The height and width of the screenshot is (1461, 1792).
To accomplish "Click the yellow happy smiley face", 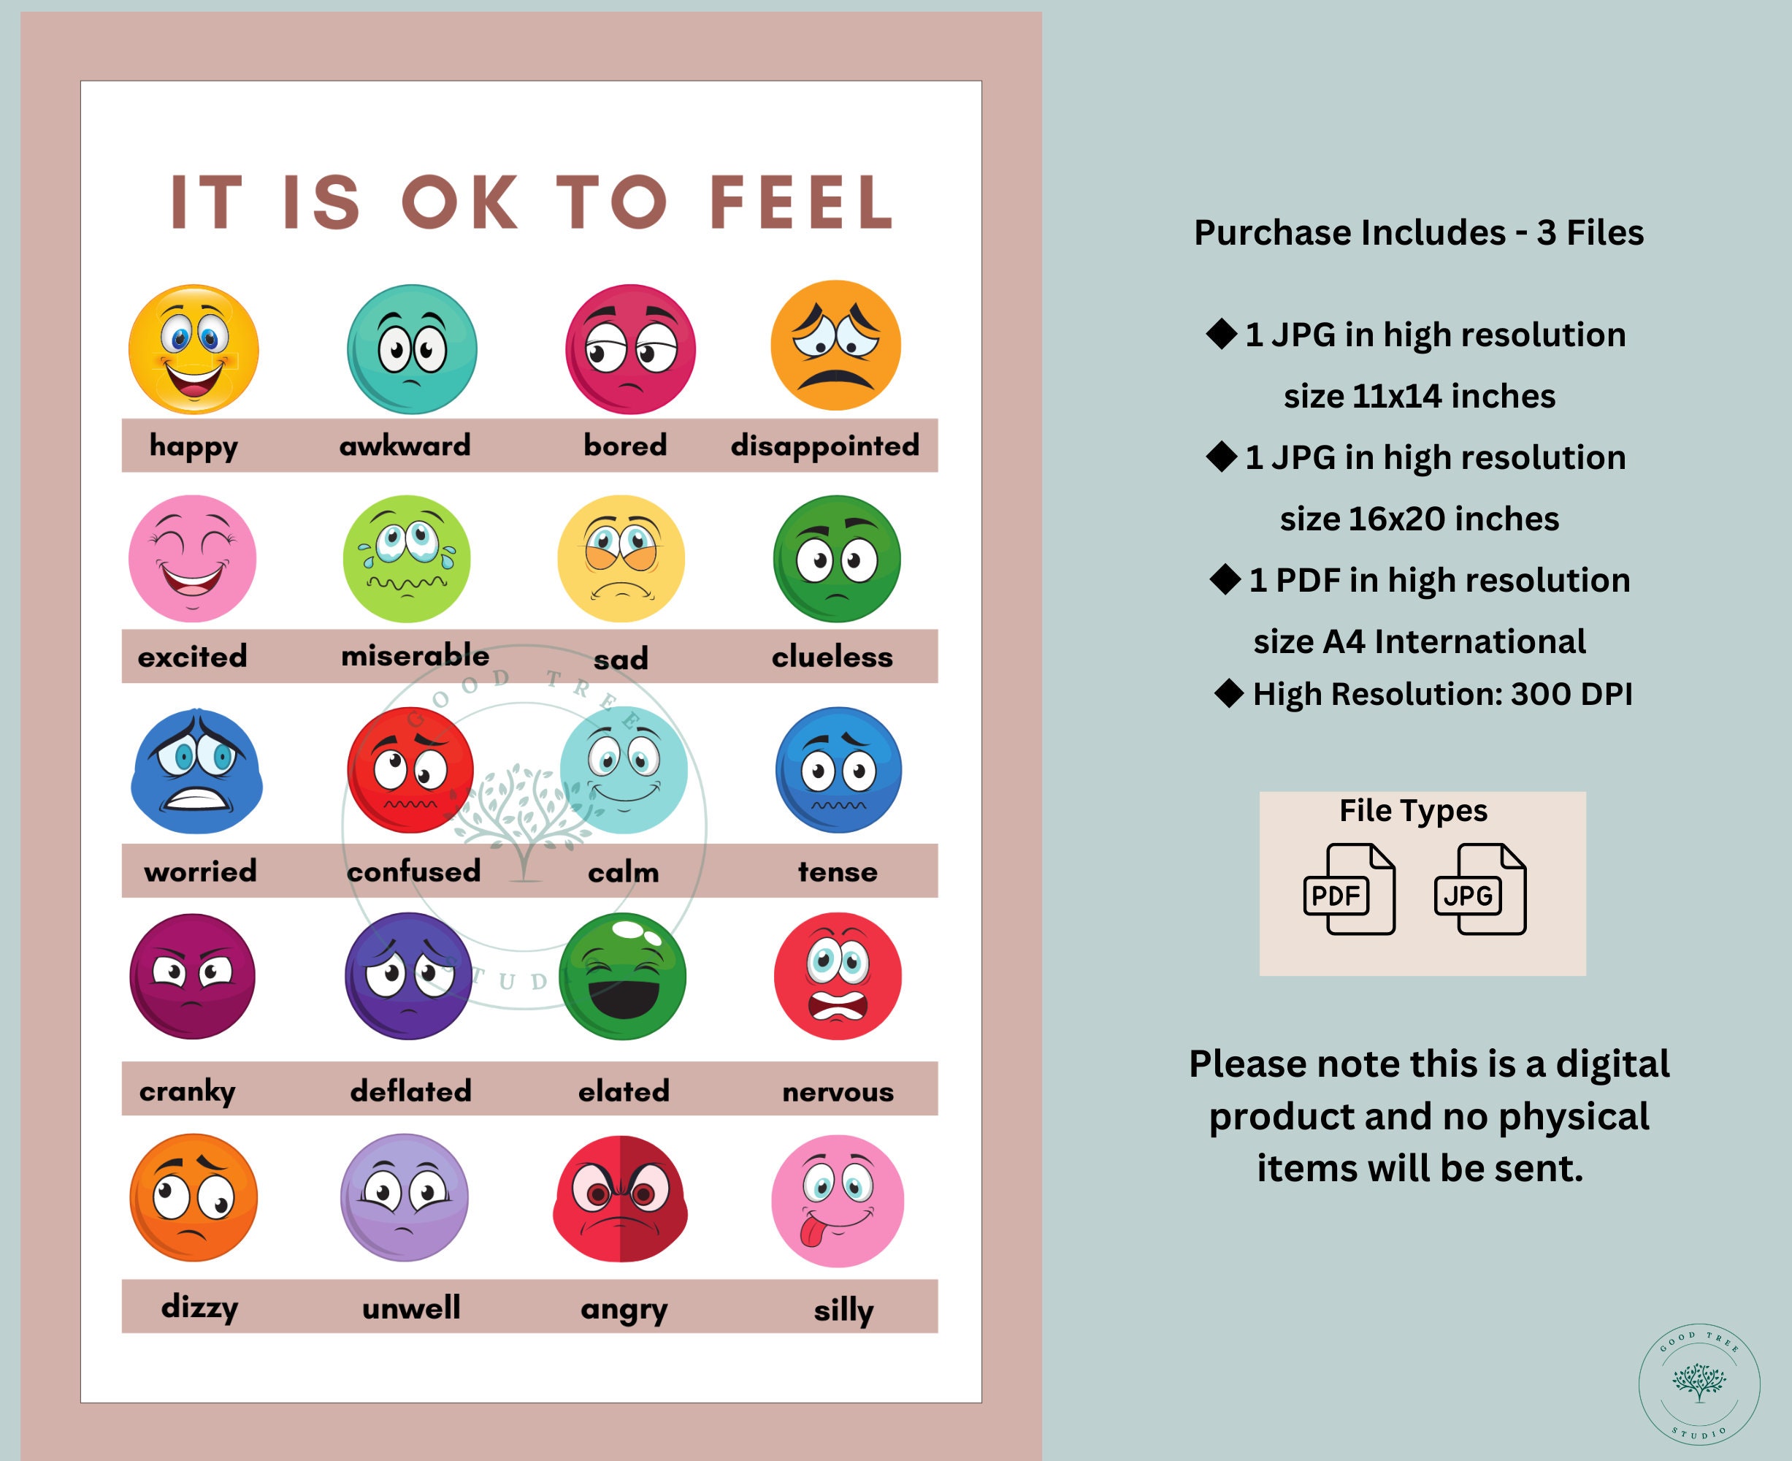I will point(194,349).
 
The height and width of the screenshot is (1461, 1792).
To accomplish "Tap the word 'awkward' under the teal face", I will point(405,445).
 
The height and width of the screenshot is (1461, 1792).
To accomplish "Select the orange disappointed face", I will point(835,345).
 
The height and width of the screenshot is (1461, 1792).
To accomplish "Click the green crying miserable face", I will point(407,559).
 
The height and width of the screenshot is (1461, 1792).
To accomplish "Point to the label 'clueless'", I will point(832,657).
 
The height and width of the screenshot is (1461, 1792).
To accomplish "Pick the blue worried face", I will point(196,771).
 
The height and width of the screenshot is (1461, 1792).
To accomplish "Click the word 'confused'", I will point(413,871).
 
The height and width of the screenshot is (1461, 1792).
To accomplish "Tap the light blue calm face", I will point(624,770).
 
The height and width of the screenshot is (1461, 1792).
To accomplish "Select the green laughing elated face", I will point(623,976).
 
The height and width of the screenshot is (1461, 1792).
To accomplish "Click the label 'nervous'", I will point(838,1091).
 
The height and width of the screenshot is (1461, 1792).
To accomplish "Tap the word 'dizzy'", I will point(199,1307).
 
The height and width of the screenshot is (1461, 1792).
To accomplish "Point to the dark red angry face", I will point(621,1199).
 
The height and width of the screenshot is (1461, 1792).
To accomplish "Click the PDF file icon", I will point(1349,890).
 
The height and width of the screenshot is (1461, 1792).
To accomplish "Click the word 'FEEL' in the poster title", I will point(801,203).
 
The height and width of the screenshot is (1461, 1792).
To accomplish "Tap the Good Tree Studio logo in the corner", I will point(1699,1384).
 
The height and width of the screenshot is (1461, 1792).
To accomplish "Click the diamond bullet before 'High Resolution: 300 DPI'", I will point(1228,693).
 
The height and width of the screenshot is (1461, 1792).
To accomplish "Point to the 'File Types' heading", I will point(1414,810).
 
